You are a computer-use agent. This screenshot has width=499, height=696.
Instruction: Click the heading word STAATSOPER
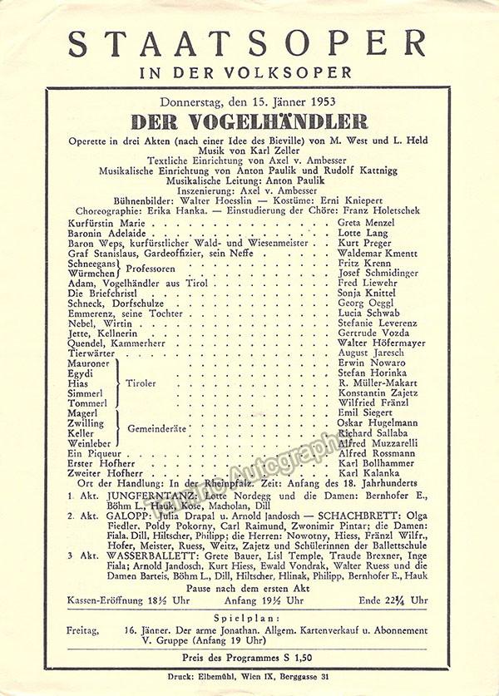pos(247,42)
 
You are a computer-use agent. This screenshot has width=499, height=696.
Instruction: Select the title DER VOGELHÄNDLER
pos(249,121)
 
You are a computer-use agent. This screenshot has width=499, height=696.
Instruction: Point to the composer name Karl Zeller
pos(277,151)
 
